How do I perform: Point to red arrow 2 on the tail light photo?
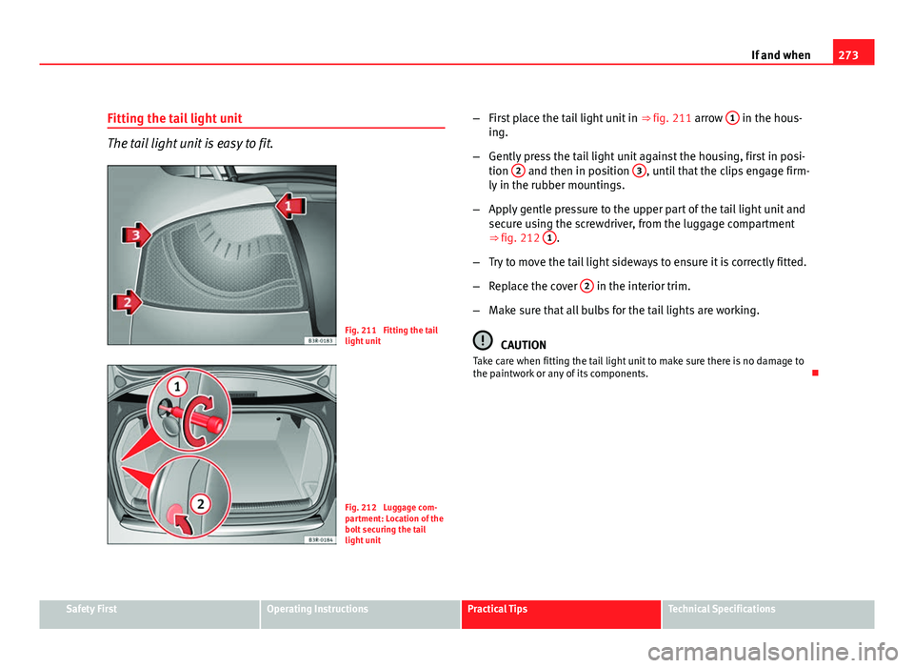click(127, 303)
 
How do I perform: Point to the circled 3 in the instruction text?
click(640, 170)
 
